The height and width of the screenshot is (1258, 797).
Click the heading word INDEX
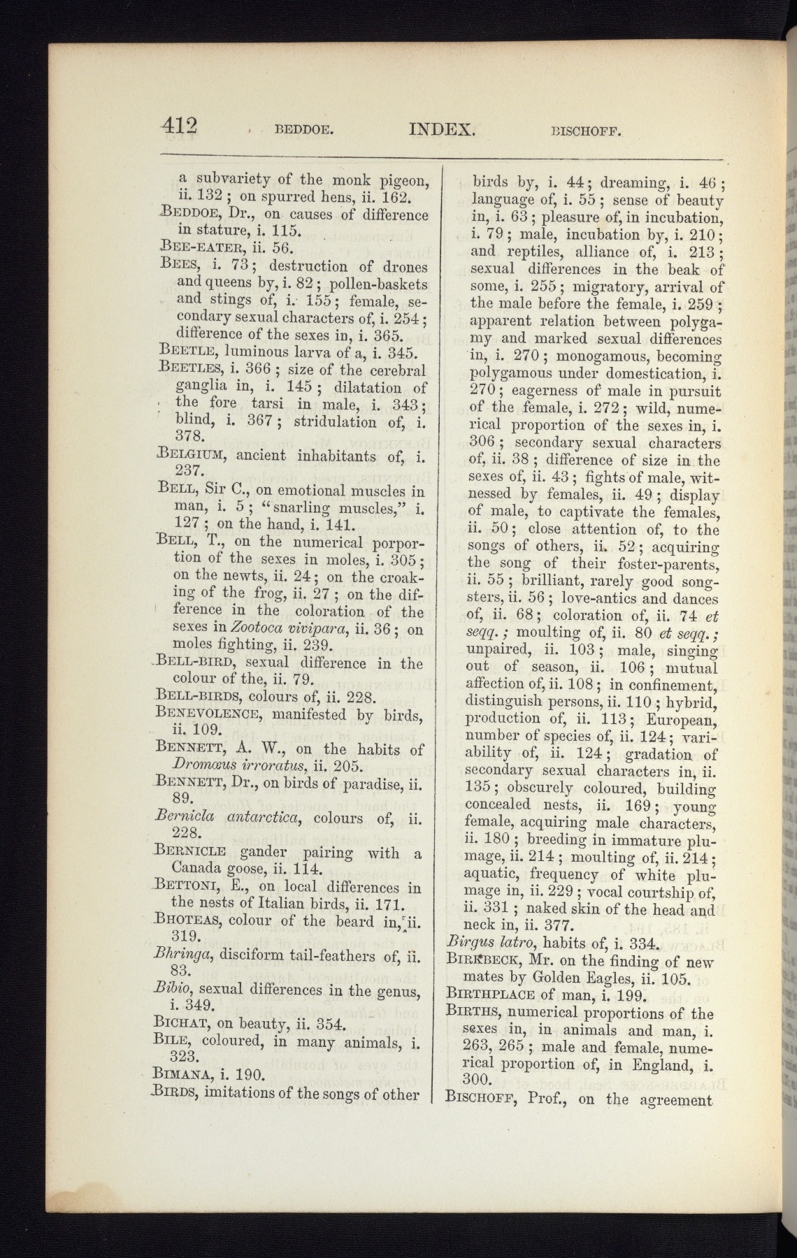point(442,129)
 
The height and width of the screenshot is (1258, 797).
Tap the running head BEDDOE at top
point(305,129)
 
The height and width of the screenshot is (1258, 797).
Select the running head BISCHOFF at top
point(587,130)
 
